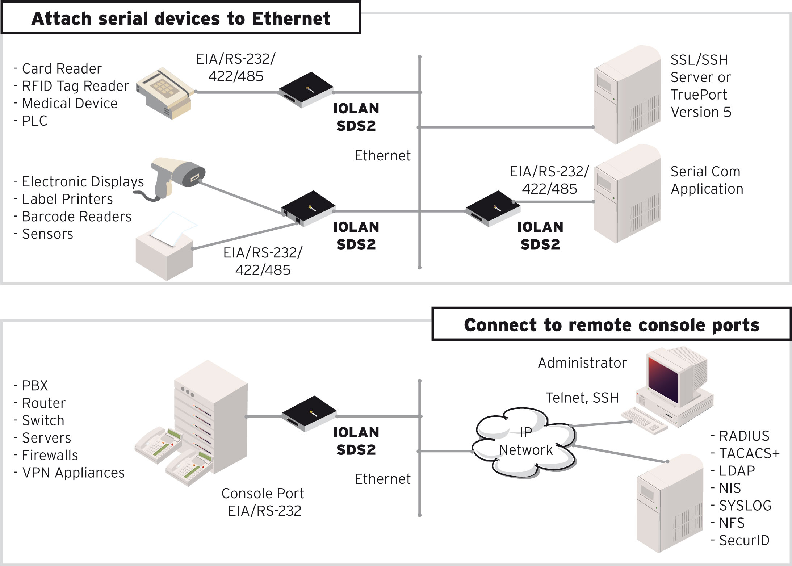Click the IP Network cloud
(x=525, y=442)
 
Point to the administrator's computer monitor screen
(x=663, y=380)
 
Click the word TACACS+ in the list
(x=749, y=453)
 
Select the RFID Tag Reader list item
(x=75, y=86)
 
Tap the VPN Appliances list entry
(x=73, y=473)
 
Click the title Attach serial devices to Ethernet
(x=181, y=18)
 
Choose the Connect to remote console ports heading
(x=612, y=325)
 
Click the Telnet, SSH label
(x=582, y=398)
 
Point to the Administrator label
(x=582, y=363)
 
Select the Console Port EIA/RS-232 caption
(x=263, y=502)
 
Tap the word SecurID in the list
(x=744, y=541)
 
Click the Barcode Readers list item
(x=76, y=217)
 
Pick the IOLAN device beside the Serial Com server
(x=493, y=208)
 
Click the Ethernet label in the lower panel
(x=382, y=479)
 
